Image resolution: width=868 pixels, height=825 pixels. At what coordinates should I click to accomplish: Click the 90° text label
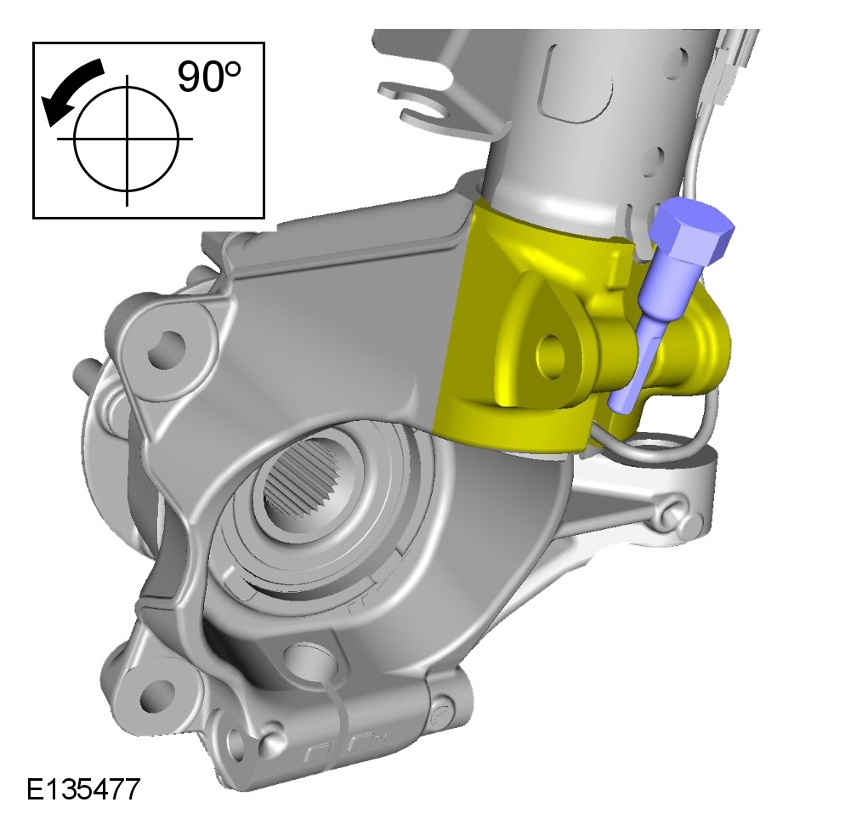coord(208,76)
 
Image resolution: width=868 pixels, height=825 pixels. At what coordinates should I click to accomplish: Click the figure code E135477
coord(83,789)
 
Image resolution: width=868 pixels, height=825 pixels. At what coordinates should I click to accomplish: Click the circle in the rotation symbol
coord(127,139)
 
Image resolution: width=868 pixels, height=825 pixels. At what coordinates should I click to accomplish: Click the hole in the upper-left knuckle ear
coord(165,350)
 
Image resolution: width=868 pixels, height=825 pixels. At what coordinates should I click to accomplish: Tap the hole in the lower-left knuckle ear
coord(150,694)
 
